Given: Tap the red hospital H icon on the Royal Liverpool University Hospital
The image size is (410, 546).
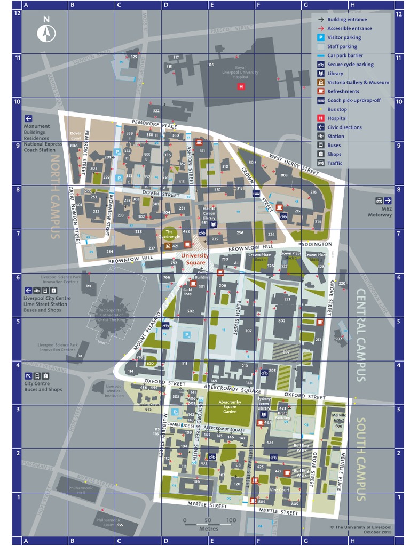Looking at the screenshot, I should (x=241, y=86).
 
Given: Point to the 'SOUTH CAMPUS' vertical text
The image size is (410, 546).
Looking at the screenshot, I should (x=360, y=459).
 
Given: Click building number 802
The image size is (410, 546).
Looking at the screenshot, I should (x=282, y=320).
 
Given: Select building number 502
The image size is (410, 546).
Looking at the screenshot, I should (x=190, y=311).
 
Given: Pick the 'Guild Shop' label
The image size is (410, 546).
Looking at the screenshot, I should (x=187, y=292).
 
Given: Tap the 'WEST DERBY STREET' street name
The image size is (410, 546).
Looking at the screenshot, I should (x=294, y=163).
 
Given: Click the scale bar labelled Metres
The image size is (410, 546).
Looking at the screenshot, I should (x=208, y=523).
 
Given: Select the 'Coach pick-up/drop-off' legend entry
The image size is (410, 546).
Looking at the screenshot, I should (x=353, y=100).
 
